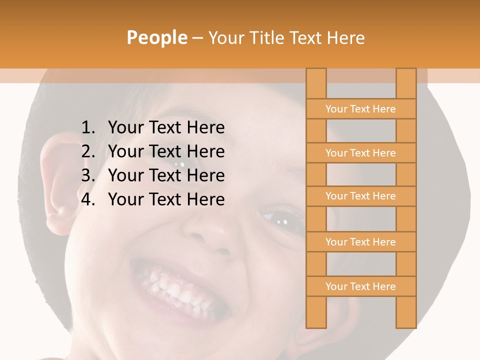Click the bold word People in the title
click(x=156, y=37)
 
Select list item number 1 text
click(x=166, y=128)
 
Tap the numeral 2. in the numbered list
click(x=88, y=151)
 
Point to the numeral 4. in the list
click(x=88, y=199)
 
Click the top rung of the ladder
click(x=360, y=109)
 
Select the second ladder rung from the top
click(x=360, y=153)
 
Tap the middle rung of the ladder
click(x=360, y=196)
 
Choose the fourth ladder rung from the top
click(x=360, y=242)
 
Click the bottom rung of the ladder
click(x=360, y=286)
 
